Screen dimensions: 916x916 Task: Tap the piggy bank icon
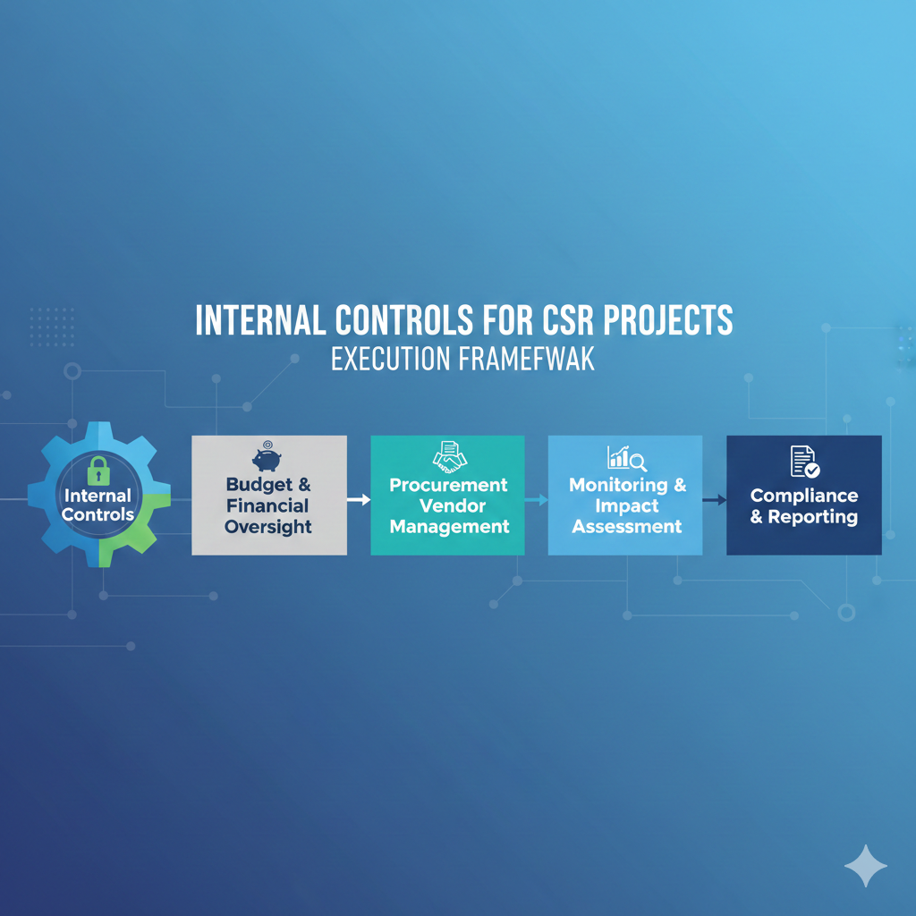[267, 458]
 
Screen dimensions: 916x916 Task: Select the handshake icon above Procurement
[449, 457]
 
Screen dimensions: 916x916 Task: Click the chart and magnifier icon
[627, 458]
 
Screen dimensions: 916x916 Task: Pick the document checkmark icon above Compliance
[804, 461]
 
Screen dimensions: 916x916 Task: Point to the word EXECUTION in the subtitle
[390, 360]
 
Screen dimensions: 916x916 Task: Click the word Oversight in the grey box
[267, 527]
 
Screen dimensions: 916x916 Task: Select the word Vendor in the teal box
[449, 506]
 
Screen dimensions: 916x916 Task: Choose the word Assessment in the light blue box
[627, 526]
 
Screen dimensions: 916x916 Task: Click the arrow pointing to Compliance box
[714, 499]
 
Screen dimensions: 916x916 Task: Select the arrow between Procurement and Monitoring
[536, 499]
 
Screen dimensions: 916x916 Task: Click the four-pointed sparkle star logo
[865, 865]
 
